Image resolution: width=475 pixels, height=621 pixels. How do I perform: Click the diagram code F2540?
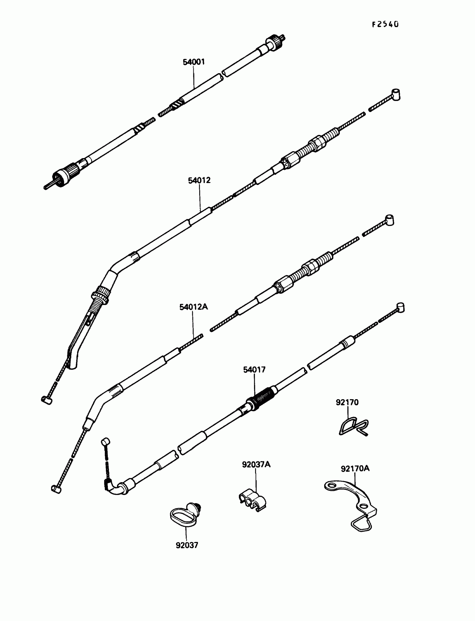pyautogui.click(x=385, y=24)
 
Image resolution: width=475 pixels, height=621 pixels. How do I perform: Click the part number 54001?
pyautogui.click(x=194, y=62)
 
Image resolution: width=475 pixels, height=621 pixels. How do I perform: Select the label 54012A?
pyautogui.click(x=193, y=307)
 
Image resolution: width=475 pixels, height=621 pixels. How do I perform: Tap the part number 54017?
pyautogui.click(x=254, y=369)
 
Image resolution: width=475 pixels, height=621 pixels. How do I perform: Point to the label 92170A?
pyautogui.click(x=355, y=468)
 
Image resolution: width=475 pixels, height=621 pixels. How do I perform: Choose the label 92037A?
pyautogui.click(x=256, y=464)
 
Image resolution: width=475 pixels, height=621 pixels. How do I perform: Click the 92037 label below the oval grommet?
pyautogui.click(x=187, y=545)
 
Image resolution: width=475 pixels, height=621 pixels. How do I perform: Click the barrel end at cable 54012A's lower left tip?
pyautogui.click(x=56, y=489)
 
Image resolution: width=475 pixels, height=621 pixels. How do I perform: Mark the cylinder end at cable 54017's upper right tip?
pyautogui.click(x=401, y=307)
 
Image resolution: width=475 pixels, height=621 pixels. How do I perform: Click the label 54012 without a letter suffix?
pyautogui.click(x=199, y=180)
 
